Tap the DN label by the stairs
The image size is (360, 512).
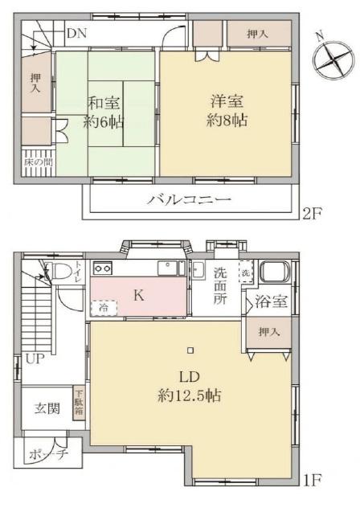(x=76, y=34)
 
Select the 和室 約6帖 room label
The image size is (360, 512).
(x=104, y=116)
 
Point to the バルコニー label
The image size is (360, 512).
(x=189, y=200)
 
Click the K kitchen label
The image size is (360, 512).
(x=138, y=296)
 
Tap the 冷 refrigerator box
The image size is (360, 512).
(x=102, y=306)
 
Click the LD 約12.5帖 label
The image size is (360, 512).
(x=189, y=387)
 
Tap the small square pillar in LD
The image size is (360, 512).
(x=190, y=350)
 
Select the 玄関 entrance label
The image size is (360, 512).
(x=47, y=408)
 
